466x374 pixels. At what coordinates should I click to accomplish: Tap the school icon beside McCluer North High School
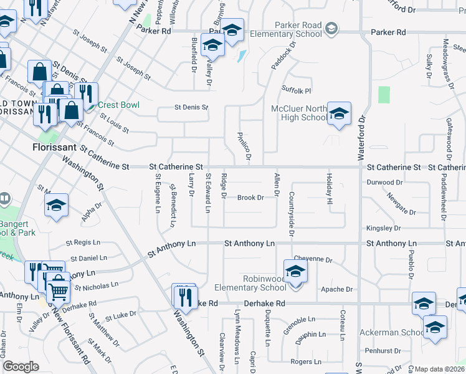339,114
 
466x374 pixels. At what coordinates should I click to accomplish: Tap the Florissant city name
54,148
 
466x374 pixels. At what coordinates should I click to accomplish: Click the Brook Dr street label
251,198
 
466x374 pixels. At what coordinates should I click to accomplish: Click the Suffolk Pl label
296,90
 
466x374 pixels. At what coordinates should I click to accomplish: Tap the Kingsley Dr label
383,229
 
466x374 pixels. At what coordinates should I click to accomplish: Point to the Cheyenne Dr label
313,259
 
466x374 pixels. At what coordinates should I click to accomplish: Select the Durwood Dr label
384,183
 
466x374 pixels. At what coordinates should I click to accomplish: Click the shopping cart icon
58,289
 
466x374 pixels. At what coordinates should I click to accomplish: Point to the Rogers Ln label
305,362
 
